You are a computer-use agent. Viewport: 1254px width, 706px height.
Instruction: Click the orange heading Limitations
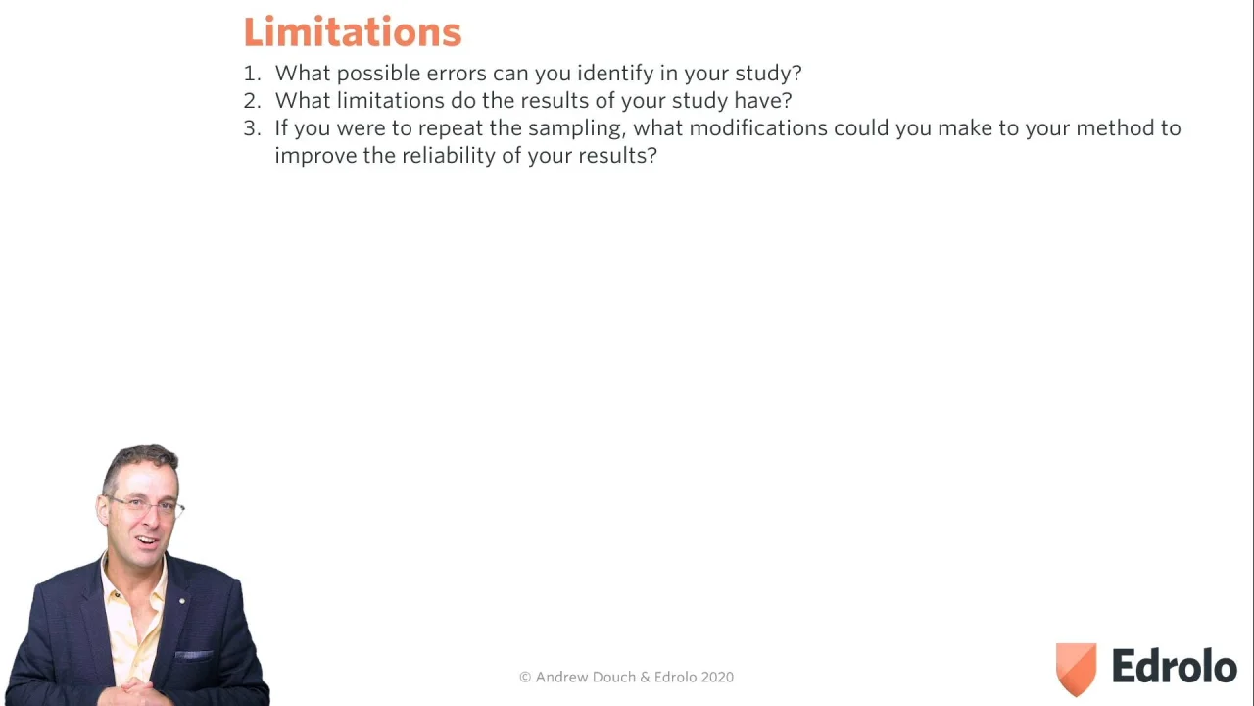click(353, 32)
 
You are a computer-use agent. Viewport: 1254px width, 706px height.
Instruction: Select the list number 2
click(252, 101)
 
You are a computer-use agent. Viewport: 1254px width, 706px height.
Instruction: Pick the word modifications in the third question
click(758, 128)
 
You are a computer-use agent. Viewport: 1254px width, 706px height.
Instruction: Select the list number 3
click(252, 128)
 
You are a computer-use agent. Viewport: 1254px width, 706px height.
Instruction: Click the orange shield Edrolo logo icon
click(1076, 669)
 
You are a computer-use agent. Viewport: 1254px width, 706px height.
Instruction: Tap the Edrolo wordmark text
click(1175, 666)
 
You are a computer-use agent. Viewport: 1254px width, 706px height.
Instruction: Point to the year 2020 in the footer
click(717, 677)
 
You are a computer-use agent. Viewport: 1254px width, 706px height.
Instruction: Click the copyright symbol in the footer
click(525, 677)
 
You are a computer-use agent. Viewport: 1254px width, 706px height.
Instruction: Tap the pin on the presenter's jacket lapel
click(182, 601)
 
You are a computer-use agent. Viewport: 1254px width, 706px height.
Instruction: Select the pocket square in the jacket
click(194, 654)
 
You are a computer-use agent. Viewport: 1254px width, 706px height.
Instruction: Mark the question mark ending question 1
click(796, 73)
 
